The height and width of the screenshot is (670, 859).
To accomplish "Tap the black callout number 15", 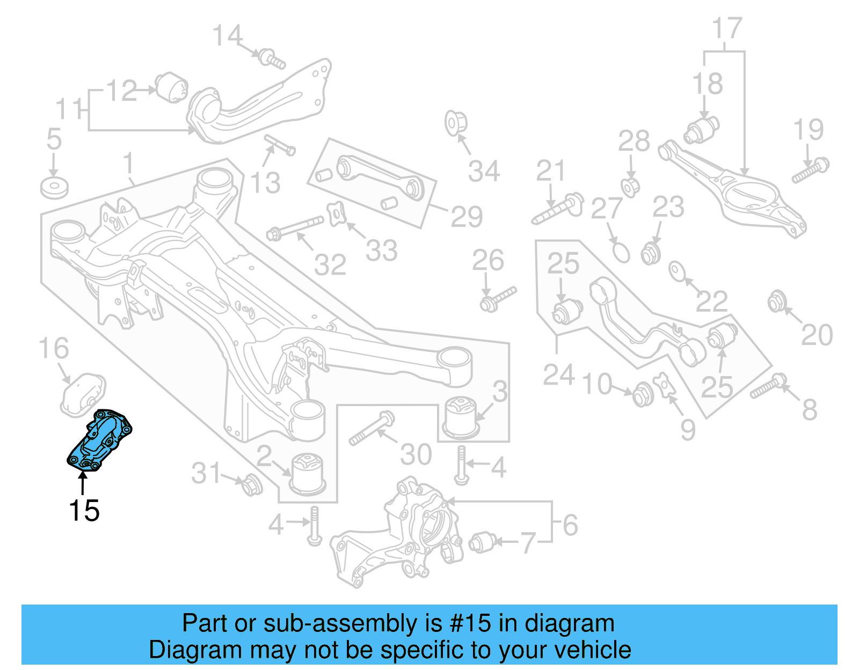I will coord(84,510).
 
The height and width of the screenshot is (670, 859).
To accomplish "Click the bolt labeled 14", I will coord(272,59).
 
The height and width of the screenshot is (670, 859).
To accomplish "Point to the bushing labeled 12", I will coord(172,87).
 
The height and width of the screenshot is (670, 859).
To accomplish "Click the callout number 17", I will coord(727,28).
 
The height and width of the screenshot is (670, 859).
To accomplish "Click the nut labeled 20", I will coord(775,302).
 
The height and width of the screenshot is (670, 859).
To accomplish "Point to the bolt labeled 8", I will coord(768,387).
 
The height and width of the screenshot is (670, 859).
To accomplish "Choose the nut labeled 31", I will coord(251,485).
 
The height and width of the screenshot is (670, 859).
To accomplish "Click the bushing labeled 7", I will coord(482,542).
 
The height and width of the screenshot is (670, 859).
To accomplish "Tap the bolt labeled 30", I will coord(372,429).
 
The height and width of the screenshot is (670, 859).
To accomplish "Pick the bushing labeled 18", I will coord(702,129).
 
